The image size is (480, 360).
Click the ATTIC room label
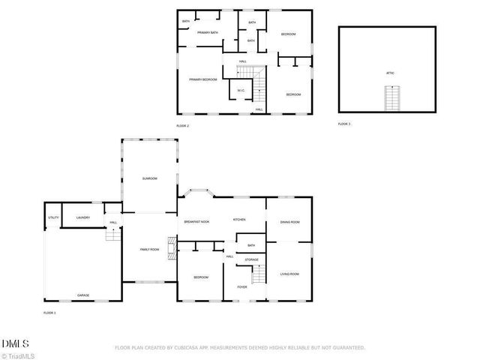click(x=390, y=73)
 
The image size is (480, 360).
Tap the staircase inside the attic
click(x=390, y=98)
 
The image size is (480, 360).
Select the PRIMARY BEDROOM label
click(x=202, y=79)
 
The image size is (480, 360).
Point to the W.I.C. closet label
click(x=241, y=91)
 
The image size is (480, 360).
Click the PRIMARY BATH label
click(x=208, y=33)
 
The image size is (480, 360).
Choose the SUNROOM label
click(x=150, y=178)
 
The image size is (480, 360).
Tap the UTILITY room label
click(x=53, y=217)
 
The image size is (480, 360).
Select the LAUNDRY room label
click(x=83, y=217)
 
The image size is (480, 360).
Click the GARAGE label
click(x=82, y=295)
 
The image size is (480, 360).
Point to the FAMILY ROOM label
click(x=150, y=249)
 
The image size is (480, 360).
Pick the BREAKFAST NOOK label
click(x=196, y=222)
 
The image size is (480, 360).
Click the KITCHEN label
click(x=239, y=220)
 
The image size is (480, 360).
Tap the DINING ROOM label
click(x=289, y=222)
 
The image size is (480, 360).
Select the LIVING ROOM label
click(x=289, y=274)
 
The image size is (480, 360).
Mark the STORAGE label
click(x=251, y=259)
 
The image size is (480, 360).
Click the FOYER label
click(x=242, y=286)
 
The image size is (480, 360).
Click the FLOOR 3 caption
click(x=343, y=123)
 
